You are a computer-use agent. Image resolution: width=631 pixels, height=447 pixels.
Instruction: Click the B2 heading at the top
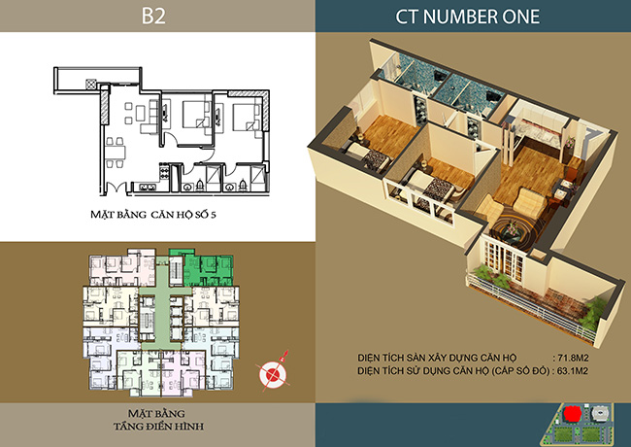[153, 17]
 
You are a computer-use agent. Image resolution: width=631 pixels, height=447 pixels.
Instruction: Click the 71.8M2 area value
[574, 358]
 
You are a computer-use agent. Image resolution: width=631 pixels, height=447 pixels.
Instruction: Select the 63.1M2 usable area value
[573, 370]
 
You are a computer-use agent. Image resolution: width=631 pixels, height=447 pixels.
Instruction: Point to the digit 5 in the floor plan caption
[214, 215]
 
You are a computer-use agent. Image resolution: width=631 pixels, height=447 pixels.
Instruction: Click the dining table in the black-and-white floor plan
[116, 153]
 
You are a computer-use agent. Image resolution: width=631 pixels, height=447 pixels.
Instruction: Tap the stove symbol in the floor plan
[165, 172]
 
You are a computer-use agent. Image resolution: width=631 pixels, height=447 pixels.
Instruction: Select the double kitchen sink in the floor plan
[148, 188]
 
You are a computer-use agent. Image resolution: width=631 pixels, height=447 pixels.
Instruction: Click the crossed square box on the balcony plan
[91, 85]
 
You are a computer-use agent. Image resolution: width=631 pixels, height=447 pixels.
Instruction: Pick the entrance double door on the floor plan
[116, 188]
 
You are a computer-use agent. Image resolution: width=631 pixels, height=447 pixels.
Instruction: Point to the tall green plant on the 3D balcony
[592, 313]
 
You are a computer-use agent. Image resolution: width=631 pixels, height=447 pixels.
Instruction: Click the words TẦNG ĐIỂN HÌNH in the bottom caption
[158, 427]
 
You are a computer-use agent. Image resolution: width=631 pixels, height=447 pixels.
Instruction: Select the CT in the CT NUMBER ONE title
[408, 17]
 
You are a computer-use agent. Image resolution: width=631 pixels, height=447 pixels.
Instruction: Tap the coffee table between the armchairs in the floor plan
[140, 112]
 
